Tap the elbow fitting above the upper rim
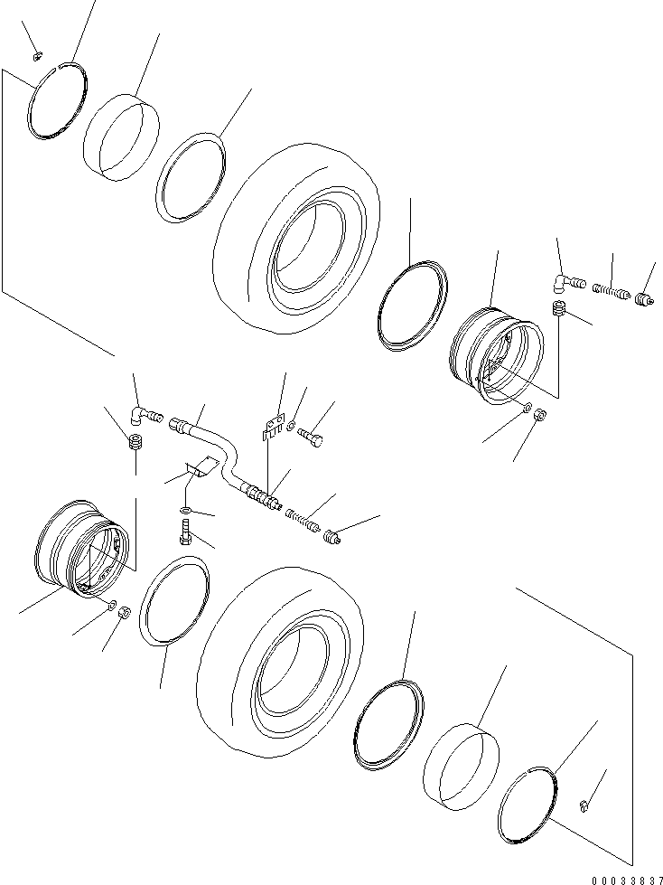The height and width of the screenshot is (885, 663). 565,284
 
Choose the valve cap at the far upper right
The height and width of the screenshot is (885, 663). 645,300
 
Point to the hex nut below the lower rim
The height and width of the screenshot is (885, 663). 126,611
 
